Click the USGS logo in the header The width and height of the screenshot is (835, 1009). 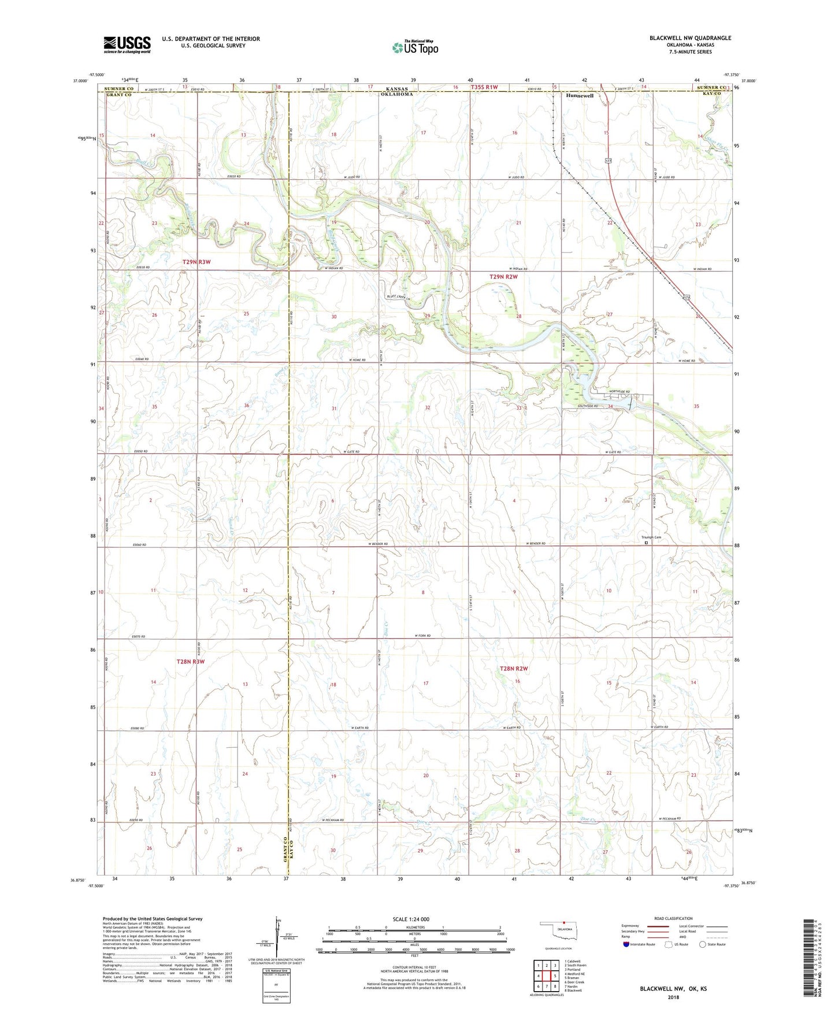pos(127,44)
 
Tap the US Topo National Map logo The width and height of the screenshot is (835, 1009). pos(414,47)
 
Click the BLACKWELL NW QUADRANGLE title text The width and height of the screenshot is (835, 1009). pos(690,38)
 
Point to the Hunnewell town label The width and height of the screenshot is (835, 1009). pos(580,96)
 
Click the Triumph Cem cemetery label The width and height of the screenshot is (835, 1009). pos(651,538)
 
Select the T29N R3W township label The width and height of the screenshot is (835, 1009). pos(196,262)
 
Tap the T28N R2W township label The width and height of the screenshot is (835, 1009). pos(514,669)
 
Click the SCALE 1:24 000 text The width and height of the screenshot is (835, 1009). pos(411,919)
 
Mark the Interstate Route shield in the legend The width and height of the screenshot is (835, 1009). pos(626,944)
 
